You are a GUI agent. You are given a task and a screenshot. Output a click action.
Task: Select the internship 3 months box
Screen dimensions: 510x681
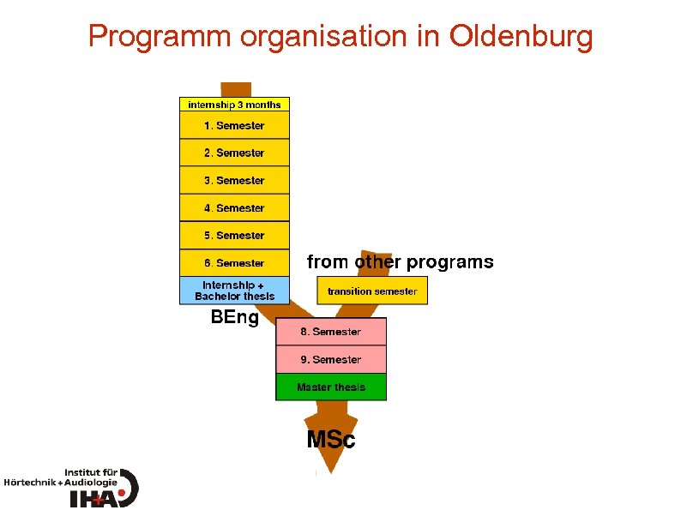pyautogui.click(x=234, y=105)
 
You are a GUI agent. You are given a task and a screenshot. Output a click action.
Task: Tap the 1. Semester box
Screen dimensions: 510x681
pyautogui.click(x=234, y=126)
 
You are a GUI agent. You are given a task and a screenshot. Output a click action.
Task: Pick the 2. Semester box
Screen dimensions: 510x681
pyautogui.click(x=234, y=153)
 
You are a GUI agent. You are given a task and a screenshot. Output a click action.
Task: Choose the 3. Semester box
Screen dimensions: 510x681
pyautogui.click(x=234, y=181)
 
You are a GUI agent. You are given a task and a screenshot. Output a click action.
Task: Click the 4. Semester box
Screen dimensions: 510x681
pyautogui.click(x=234, y=208)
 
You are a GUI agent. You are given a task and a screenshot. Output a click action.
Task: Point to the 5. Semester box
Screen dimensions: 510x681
pyautogui.click(x=234, y=236)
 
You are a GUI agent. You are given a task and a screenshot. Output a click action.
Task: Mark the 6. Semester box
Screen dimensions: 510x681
pyautogui.click(x=234, y=263)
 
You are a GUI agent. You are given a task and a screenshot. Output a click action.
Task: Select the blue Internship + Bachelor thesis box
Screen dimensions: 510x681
pyautogui.click(x=234, y=291)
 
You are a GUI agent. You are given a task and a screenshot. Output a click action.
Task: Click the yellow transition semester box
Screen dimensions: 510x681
pyautogui.click(x=372, y=291)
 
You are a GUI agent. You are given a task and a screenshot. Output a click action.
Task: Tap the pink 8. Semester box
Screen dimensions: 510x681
pyautogui.click(x=331, y=332)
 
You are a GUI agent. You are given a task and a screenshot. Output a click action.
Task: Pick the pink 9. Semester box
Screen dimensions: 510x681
pyautogui.click(x=331, y=360)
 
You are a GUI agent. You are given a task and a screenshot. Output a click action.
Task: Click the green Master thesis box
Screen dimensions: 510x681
pyautogui.click(x=331, y=387)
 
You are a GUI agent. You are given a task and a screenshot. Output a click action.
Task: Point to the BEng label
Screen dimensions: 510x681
pyautogui.click(x=235, y=318)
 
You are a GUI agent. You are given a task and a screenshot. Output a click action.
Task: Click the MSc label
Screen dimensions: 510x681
pyautogui.click(x=331, y=441)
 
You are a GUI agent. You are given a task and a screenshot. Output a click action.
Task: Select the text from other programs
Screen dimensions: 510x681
pyautogui.click(x=400, y=261)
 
